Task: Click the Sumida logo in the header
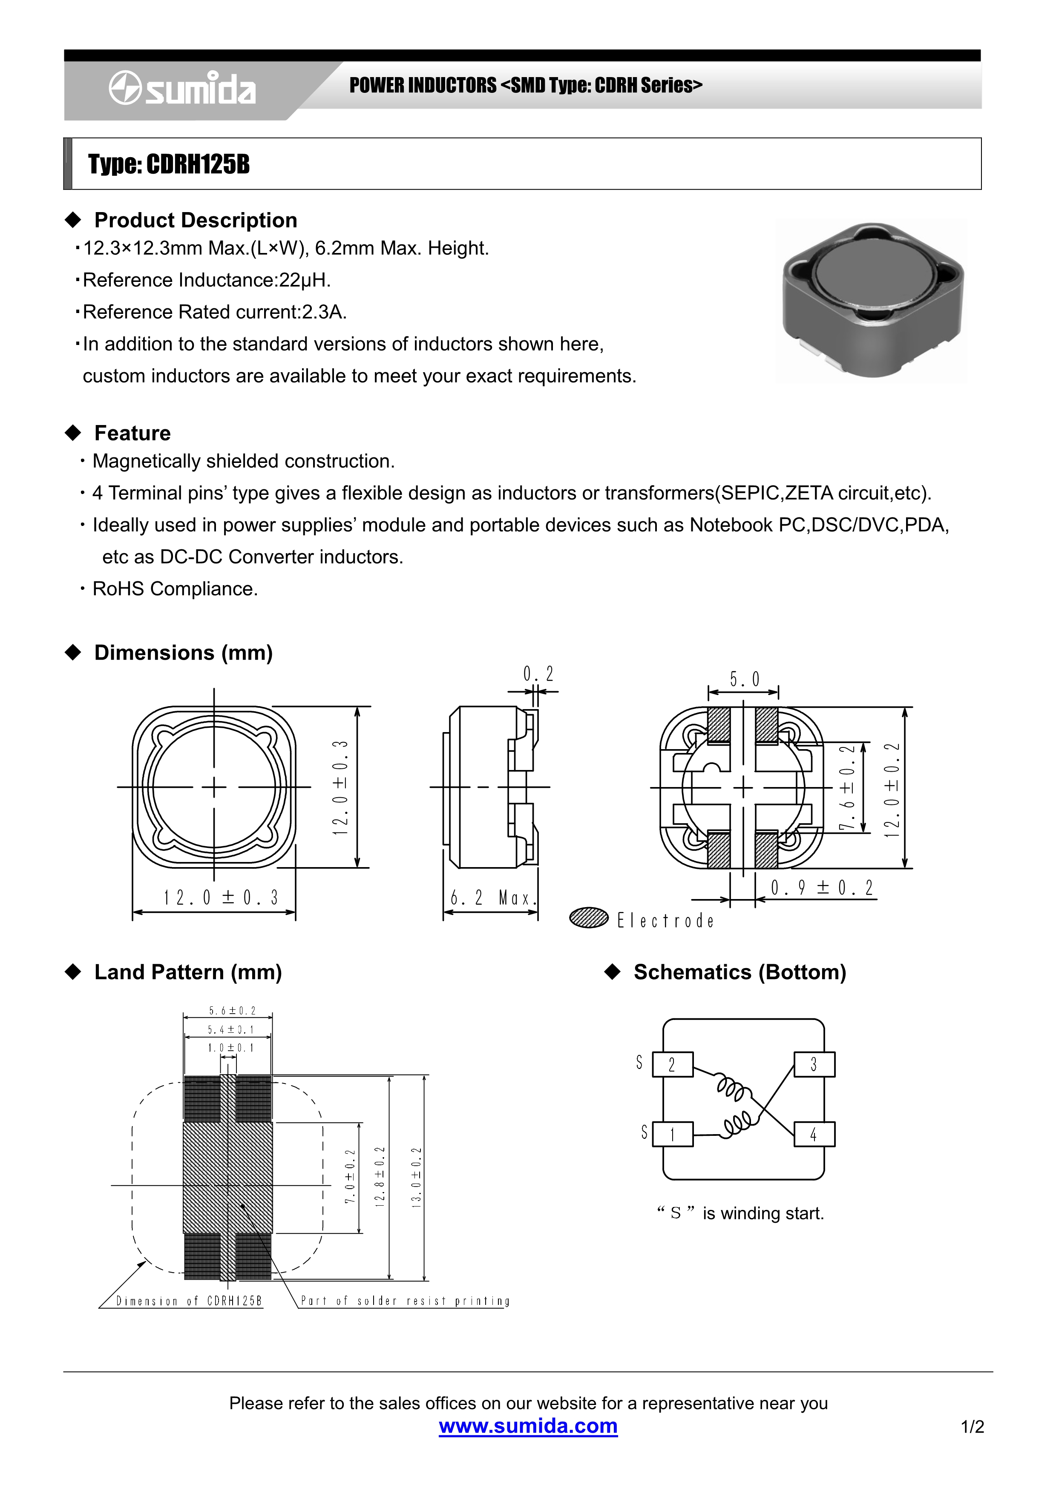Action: [182, 89]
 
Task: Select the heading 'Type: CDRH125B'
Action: [169, 165]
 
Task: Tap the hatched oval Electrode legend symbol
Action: [588, 917]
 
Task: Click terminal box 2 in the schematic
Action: [672, 1065]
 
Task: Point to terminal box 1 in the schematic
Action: [672, 1135]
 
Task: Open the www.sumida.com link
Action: [528, 1426]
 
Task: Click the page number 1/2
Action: [972, 1427]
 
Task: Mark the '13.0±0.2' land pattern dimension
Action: [417, 1178]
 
